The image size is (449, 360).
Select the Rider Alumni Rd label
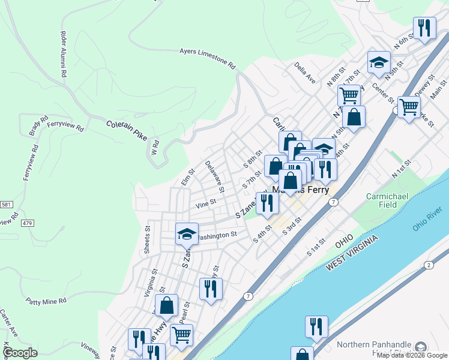point(62,54)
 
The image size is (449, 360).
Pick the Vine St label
point(205,204)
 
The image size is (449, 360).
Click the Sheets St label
point(146,239)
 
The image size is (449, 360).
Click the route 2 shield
point(428,265)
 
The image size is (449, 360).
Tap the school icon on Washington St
point(187,233)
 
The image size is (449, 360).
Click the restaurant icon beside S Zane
point(267,203)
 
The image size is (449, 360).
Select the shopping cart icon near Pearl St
point(181,334)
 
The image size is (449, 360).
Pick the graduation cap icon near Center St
point(379,62)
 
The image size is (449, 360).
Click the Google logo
point(20,353)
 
